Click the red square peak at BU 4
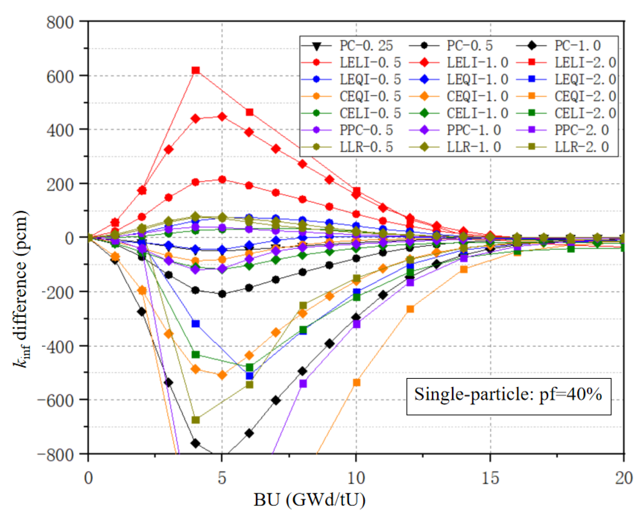tap(195, 70)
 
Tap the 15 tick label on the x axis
tap(490, 478)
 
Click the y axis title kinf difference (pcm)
tap(21, 289)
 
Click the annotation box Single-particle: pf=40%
tap(509, 396)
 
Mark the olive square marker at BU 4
tap(195, 420)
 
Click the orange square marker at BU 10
tap(356, 382)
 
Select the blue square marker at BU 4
tap(195, 323)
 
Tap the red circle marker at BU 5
tap(222, 179)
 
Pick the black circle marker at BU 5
tap(222, 294)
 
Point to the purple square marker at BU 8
tap(303, 384)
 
